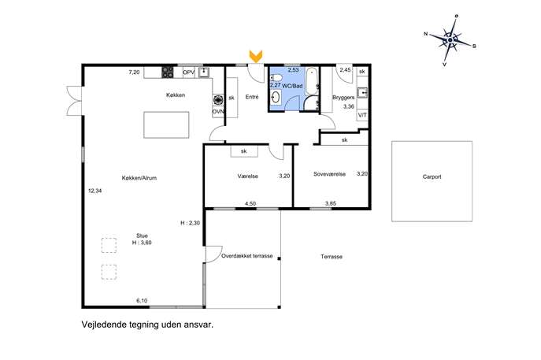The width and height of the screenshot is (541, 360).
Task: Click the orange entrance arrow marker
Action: point(256,56)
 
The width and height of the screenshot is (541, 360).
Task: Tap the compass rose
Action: point(450,41)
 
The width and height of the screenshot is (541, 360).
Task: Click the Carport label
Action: point(432,176)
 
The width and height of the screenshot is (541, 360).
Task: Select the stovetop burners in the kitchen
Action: point(168,72)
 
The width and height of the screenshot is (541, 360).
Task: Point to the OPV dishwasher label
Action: point(189,72)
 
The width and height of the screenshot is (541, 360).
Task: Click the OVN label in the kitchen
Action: point(218,112)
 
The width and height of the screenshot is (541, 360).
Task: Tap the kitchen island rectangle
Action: point(166,124)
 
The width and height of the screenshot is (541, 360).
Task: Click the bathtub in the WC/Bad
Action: point(313,81)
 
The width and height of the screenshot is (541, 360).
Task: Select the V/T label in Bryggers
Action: point(362,115)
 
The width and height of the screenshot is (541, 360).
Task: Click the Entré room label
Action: point(252,97)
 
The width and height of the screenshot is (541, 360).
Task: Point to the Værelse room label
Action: point(248,176)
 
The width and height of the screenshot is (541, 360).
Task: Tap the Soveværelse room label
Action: point(329,174)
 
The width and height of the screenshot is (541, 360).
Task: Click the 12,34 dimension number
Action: point(94,191)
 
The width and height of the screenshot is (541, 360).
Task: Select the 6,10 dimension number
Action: point(142,301)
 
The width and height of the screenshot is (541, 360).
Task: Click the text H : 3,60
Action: point(142,243)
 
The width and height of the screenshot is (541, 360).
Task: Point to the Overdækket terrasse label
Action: point(247,256)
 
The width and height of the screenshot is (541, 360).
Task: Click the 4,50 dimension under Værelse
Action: point(250,204)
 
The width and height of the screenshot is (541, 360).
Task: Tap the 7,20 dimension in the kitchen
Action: point(134,72)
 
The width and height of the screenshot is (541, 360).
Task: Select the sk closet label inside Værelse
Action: point(244,151)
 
